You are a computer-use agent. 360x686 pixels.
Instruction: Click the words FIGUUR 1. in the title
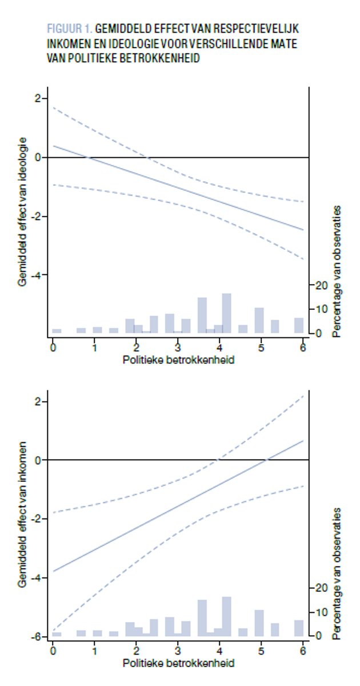pos(62,28)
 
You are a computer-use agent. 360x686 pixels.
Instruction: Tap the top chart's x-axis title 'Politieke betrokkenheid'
pos(178,361)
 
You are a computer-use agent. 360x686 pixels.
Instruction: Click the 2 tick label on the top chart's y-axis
pos(38,98)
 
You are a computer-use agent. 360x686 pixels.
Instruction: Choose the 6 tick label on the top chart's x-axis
pos(303,348)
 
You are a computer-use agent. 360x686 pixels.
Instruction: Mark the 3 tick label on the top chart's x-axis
pos(178,348)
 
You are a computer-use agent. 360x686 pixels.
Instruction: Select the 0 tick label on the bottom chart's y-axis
pos(38,460)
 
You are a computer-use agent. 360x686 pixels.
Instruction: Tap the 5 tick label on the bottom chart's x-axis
pos(261,651)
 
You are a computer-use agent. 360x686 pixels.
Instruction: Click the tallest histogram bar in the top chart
pos(226,313)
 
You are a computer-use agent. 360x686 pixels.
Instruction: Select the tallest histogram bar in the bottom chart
pos(226,616)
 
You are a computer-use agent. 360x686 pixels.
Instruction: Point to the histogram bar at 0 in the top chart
pos(57,330)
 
